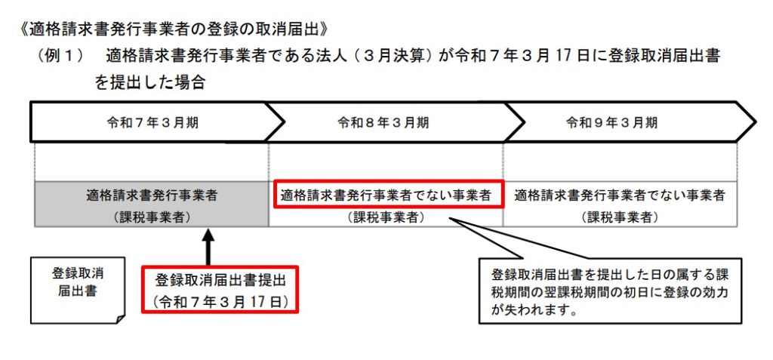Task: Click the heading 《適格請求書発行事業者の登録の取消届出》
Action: click(173, 29)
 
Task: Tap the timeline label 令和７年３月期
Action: click(152, 123)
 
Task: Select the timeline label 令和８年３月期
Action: click(383, 123)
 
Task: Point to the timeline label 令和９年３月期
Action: click(611, 123)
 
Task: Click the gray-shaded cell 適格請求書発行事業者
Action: click(152, 195)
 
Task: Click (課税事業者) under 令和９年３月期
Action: click(620, 217)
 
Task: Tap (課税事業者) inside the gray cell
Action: click(152, 217)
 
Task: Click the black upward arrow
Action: click(208, 247)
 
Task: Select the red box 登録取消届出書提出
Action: click(220, 289)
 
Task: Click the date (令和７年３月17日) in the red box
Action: click(220, 301)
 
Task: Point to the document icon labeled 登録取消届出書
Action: click(78, 291)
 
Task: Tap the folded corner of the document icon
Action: click(120, 318)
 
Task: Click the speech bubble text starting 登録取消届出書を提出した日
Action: click(610, 292)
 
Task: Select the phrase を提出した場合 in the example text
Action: click(150, 82)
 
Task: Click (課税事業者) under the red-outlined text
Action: click(386, 217)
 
